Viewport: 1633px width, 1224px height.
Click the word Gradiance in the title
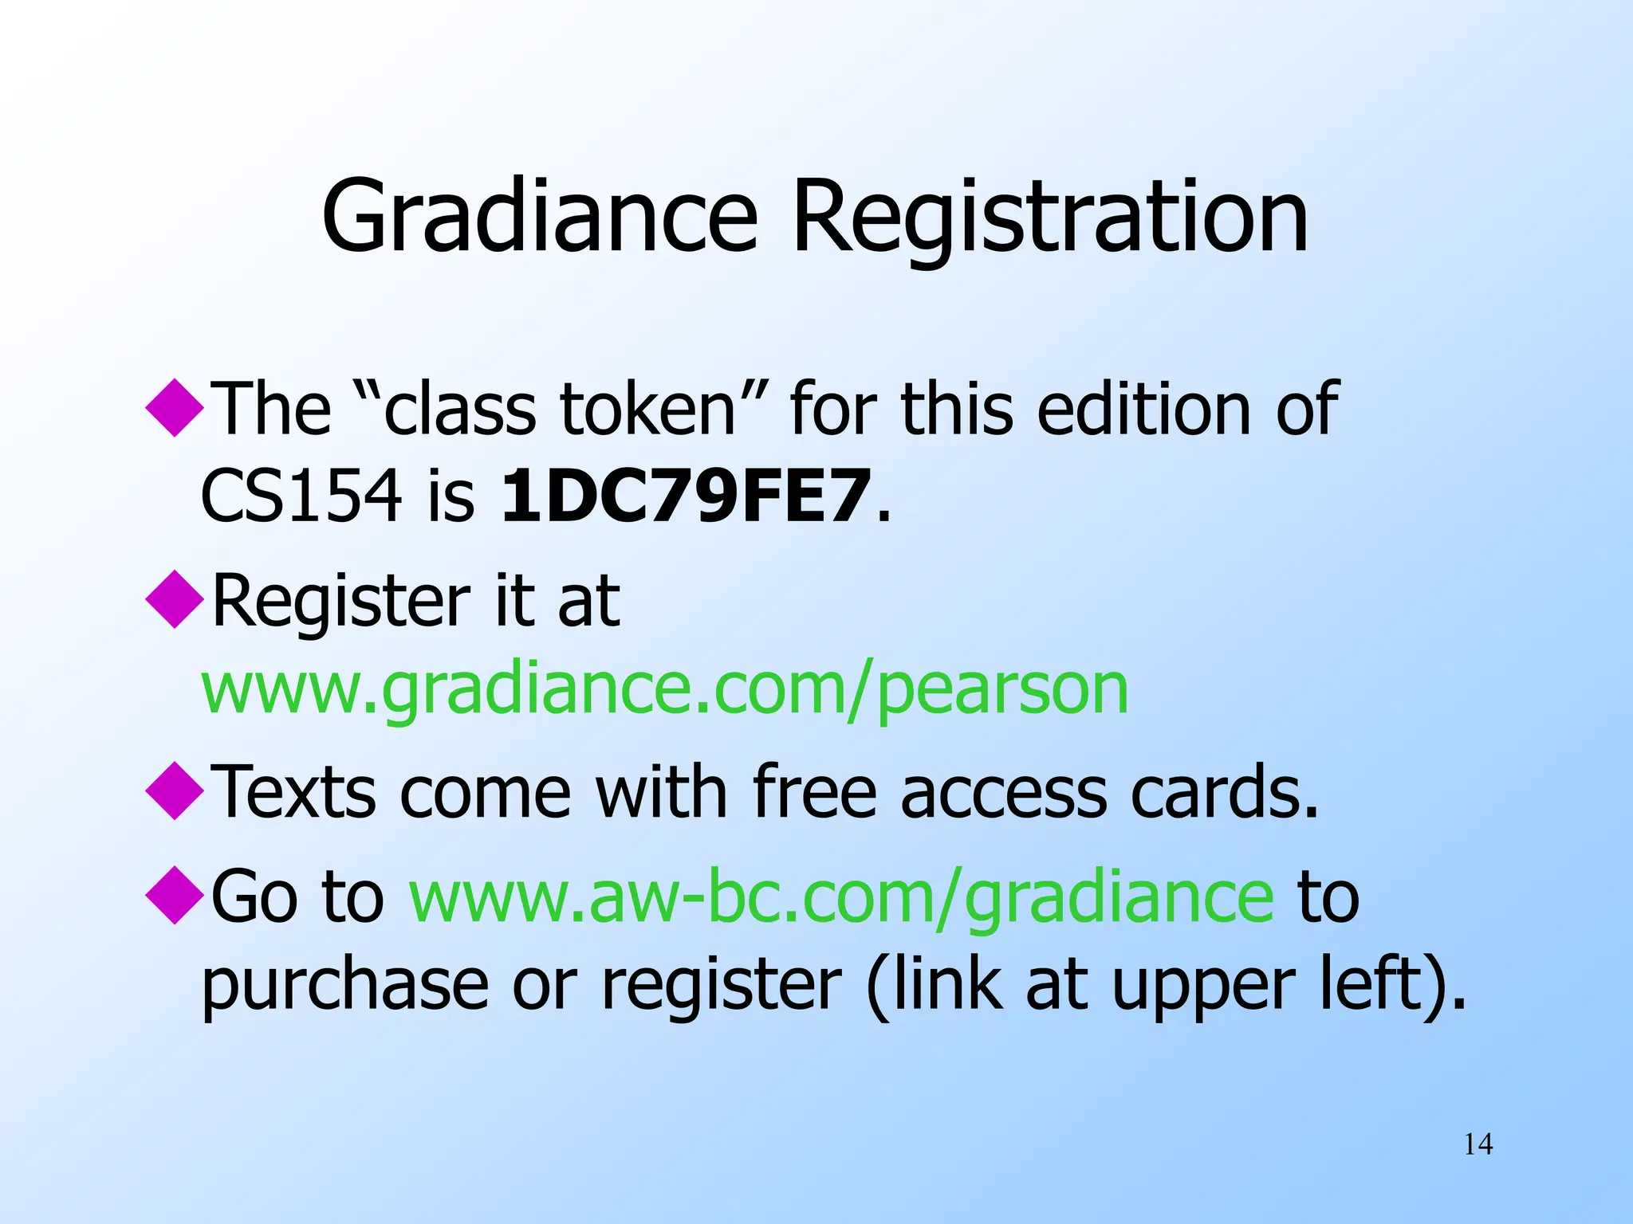[x=539, y=217]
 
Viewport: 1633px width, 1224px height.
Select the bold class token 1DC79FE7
[x=684, y=496]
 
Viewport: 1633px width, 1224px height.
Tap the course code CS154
[x=301, y=496]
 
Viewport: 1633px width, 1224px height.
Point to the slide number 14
[x=1478, y=1144]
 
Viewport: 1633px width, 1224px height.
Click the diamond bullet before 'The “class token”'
[x=175, y=407]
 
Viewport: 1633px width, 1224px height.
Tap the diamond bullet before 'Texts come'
[x=175, y=790]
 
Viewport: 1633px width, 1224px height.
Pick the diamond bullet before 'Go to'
[x=175, y=896]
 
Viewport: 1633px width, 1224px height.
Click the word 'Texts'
[x=294, y=792]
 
